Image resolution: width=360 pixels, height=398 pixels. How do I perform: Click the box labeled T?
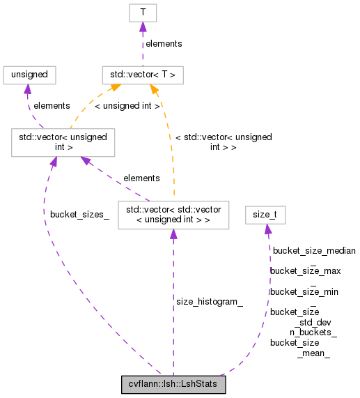pyautogui.click(x=142, y=13)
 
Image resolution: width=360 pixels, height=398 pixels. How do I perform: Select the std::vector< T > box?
pyautogui.click(x=142, y=75)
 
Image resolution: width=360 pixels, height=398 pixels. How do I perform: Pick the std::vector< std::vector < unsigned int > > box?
pyautogui.click(x=173, y=215)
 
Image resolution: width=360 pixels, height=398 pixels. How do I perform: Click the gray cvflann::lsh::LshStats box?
pyautogui.click(x=173, y=384)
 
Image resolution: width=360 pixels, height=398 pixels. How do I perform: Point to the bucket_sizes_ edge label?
pyautogui.click(x=79, y=213)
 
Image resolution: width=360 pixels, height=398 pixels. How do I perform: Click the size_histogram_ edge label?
pyautogui.click(x=209, y=302)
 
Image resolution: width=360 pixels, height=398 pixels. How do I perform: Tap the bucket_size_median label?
pyautogui.click(x=314, y=250)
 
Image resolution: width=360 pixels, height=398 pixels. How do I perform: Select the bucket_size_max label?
pyautogui.click(x=305, y=270)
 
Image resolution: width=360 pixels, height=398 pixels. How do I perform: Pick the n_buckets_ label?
pyautogui.click(x=313, y=332)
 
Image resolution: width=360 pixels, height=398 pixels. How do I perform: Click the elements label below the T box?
pyautogui.click(x=164, y=43)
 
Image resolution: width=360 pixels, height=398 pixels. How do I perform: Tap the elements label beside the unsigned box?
pyautogui.click(x=52, y=106)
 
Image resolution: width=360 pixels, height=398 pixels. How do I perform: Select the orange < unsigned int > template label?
pyautogui.click(x=127, y=106)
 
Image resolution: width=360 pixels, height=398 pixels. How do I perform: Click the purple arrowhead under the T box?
pyautogui.click(x=142, y=27)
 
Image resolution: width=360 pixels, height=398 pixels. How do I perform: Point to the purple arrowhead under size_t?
pyautogui.click(x=267, y=229)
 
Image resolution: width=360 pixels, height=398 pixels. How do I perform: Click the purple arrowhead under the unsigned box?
pyautogui.click(x=26, y=89)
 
